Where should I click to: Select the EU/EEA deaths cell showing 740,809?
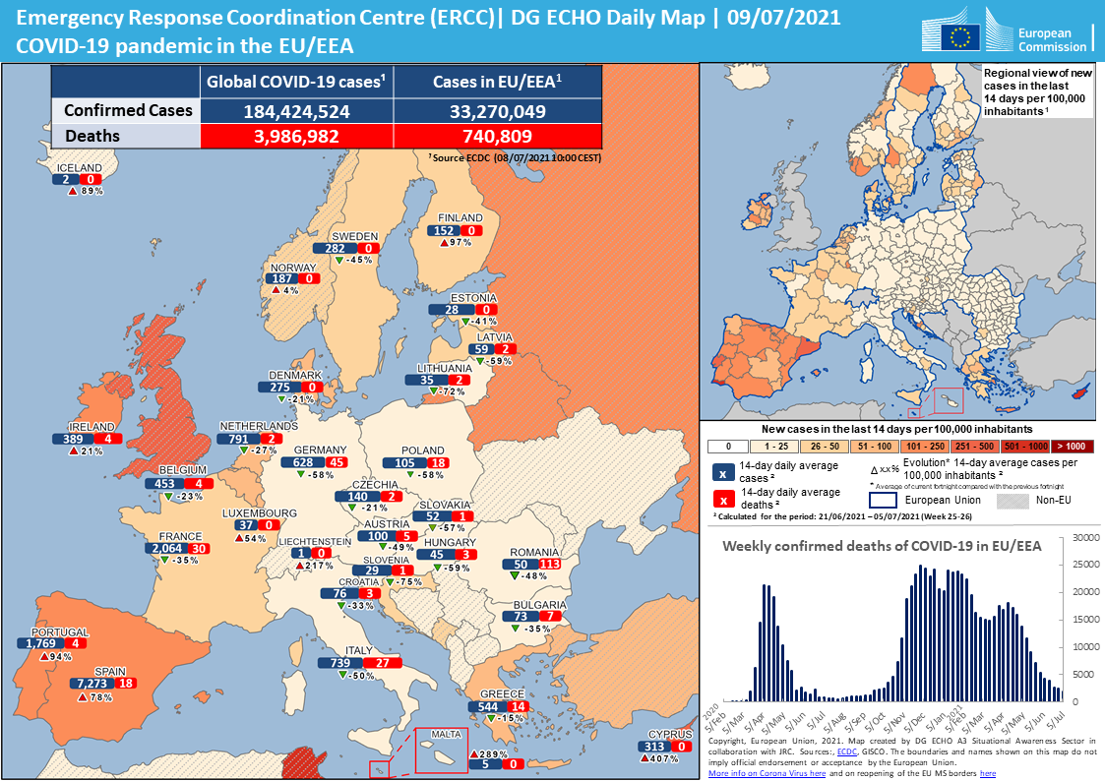coord(497,136)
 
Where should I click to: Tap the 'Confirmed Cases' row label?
coord(127,110)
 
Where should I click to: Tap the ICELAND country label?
coord(79,168)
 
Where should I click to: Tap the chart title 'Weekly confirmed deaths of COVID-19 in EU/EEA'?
coord(881,546)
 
